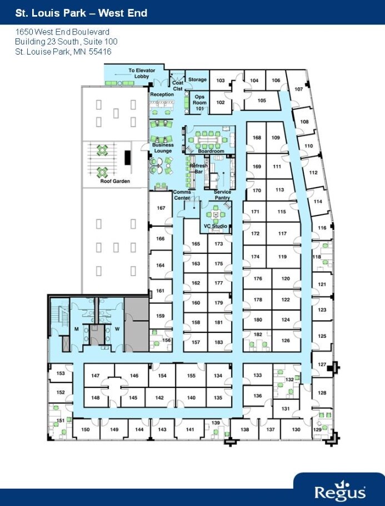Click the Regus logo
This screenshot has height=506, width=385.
[x=339, y=492]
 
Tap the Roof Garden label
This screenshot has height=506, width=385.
[x=114, y=181]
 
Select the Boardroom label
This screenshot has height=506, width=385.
[x=211, y=151]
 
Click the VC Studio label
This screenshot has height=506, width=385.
[x=215, y=226]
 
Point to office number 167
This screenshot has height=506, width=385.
[x=161, y=208]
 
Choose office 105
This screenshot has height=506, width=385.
[x=262, y=101]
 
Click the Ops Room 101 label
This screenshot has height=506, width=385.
[x=199, y=102]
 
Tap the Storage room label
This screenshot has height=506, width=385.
[x=197, y=80]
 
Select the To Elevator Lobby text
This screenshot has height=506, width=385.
[x=142, y=73]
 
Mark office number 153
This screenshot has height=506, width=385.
[x=61, y=374]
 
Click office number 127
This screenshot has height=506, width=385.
[x=322, y=365]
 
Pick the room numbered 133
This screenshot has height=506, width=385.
[x=257, y=376]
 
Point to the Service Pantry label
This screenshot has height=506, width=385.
[x=223, y=195]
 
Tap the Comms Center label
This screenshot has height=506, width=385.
[x=182, y=195]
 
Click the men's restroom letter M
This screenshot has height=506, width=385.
[x=77, y=329]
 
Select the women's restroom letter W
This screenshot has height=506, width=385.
[x=117, y=329]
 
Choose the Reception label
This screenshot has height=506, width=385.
[x=162, y=95]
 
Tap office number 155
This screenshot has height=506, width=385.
[x=191, y=376]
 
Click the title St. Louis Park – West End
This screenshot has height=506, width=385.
[x=81, y=12]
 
